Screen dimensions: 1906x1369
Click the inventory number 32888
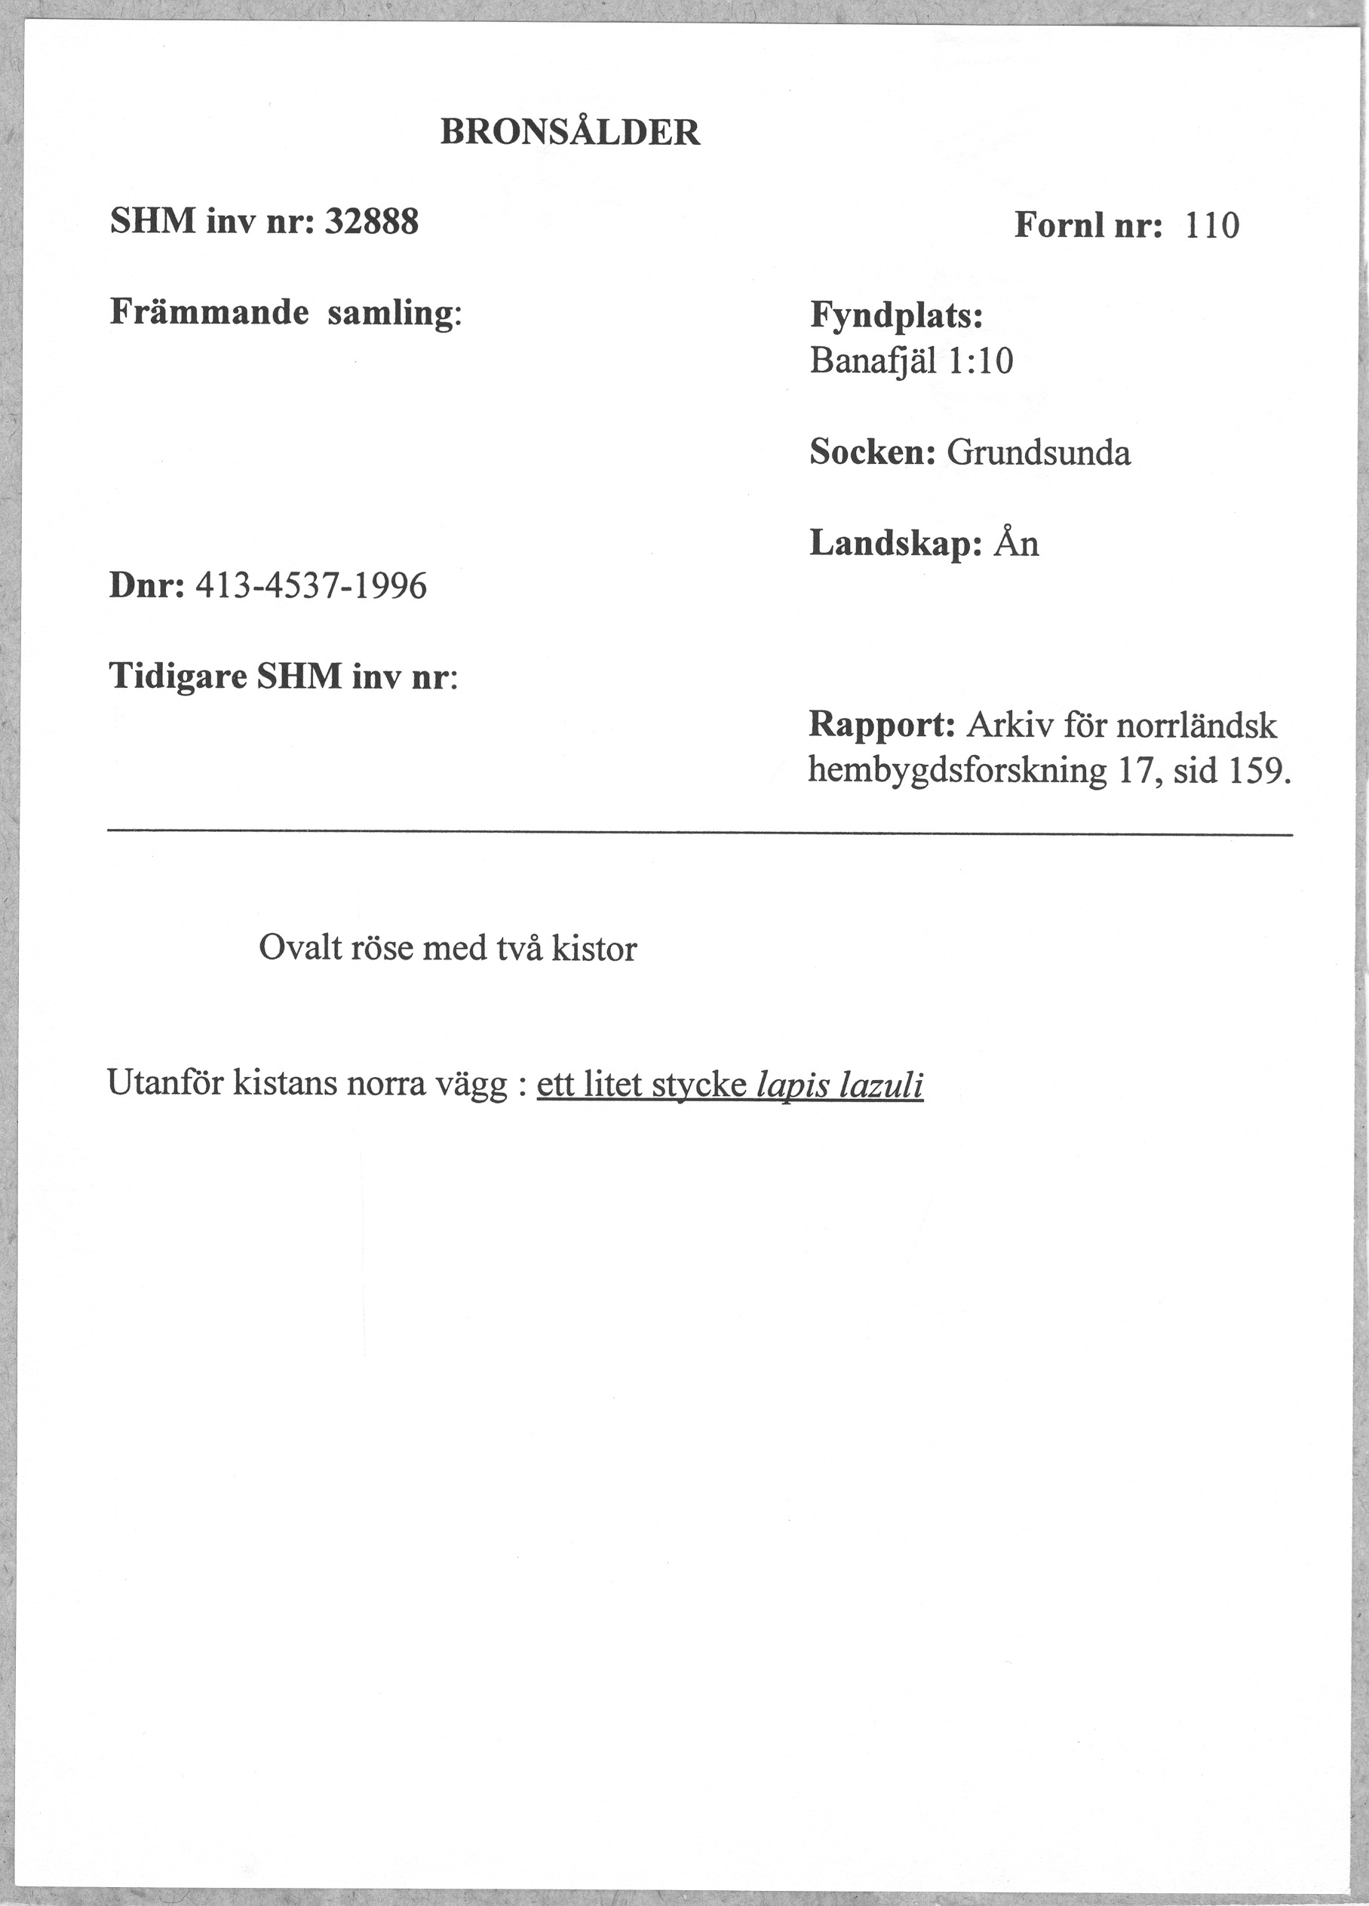(370, 223)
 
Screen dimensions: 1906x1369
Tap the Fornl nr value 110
(1212, 226)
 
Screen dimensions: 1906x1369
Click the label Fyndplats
(896, 317)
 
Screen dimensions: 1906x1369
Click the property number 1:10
(980, 362)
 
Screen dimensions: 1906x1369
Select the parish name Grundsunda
(1039, 453)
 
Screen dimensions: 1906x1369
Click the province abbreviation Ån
(1016, 544)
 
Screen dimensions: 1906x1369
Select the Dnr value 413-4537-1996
(311, 586)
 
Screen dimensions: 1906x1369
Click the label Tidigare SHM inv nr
(283, 677)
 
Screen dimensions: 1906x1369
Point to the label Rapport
(881, 724)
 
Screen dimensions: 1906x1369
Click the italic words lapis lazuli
(840, 1087)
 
